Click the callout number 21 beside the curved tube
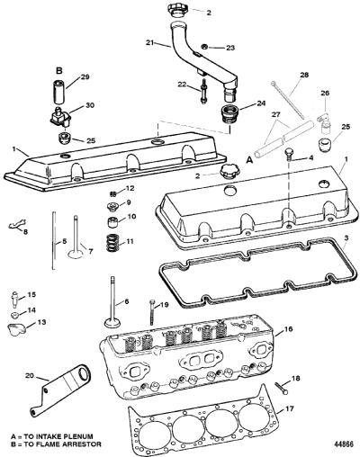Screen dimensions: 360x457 pyautogui.click(x=150, y=42)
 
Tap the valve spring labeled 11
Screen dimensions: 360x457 pyautogui.click(x=112, y=242)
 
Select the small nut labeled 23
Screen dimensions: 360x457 pyautogui.click(x=204, y=47)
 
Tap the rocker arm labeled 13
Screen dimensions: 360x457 pyautogui.click(x=17, y=329)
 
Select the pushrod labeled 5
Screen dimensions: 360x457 pyautogui.click(x=54, y=240)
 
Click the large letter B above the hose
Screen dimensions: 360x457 pyautogui.click(x=59, y=71)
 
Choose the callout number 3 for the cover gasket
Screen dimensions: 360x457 pyautogui.click(x=346, y=239)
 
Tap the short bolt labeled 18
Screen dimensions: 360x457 pyautogui.click(x=282, y=388)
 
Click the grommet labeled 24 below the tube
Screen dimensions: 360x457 pyautogui.click(x=229, y=113)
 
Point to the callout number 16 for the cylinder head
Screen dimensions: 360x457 pyautogui.click(x=288, y=329)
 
